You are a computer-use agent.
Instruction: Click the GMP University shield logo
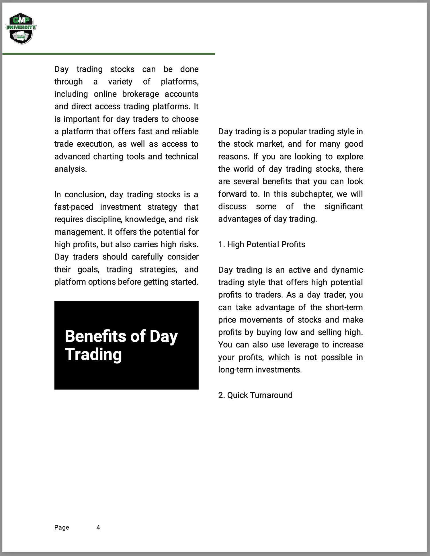click(21, 29)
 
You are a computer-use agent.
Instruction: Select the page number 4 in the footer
click(98, 527)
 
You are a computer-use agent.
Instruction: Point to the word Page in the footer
click(62, 527)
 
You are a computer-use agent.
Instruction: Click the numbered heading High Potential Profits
click(261, 244)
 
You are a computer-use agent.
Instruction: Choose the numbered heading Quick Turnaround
click(255, 395)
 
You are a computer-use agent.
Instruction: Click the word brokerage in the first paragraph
click(140, 94)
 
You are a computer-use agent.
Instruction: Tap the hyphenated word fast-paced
click(74, 207)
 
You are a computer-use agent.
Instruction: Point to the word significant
click(344, 206)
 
